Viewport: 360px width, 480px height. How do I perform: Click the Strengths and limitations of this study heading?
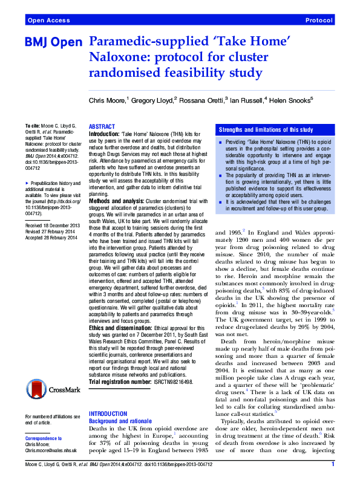pos(266,130)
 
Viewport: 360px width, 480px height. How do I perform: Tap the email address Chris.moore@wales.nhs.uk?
pos(51,451)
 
